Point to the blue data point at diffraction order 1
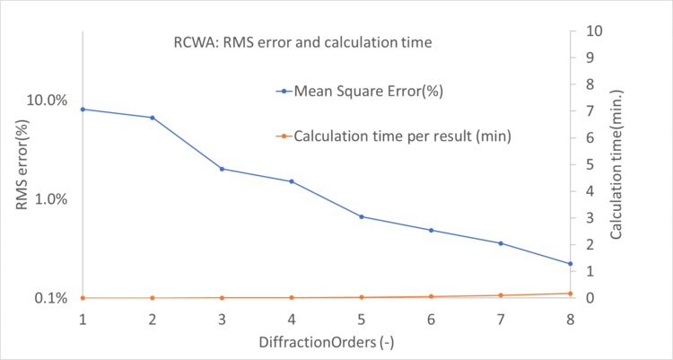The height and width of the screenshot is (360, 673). (x=83, y=110)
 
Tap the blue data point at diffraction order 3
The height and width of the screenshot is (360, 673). (x=222, y=169)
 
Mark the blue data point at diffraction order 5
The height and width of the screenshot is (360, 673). (x=362, y=216)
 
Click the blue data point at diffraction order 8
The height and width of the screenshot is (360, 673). (x=570, y=264)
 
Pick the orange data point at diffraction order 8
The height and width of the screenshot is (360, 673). (x=570, y=294)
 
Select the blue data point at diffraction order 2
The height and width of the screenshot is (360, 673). (x=153, y=118)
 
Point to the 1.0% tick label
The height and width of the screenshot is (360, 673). (x=50, y=198)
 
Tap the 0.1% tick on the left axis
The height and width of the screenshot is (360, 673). (x=50, y=298)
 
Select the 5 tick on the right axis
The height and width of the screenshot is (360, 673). (x=588, y=164)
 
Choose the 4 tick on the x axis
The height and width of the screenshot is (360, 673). (x=292, y=320)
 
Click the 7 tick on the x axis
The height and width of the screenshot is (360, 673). (x=501, y=320)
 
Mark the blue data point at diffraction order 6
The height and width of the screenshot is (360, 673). (x=431, y=231)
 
